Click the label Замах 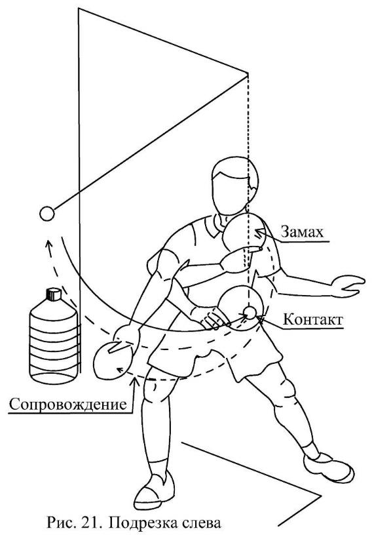pos(302,232)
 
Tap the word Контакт pos(312,320)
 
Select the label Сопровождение pos(68,405)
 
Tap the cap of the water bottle pos(53,294)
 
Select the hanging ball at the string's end pos(47,214)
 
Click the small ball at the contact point pos(250,312)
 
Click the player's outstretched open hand pos(348,285)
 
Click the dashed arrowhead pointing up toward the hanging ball pos(49,245)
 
